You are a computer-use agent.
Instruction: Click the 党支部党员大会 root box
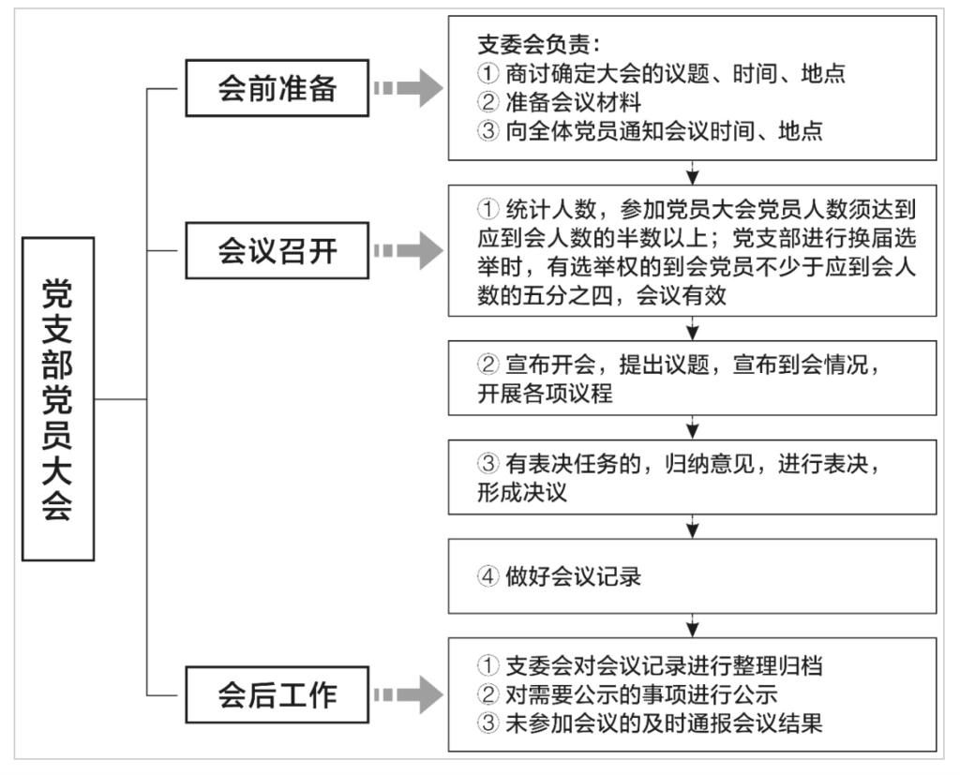tap(58, 398)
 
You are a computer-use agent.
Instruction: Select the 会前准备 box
tap(277, 89)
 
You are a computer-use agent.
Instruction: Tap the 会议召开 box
tap(277, 251)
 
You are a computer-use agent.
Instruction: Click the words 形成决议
tap(523, 493)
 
